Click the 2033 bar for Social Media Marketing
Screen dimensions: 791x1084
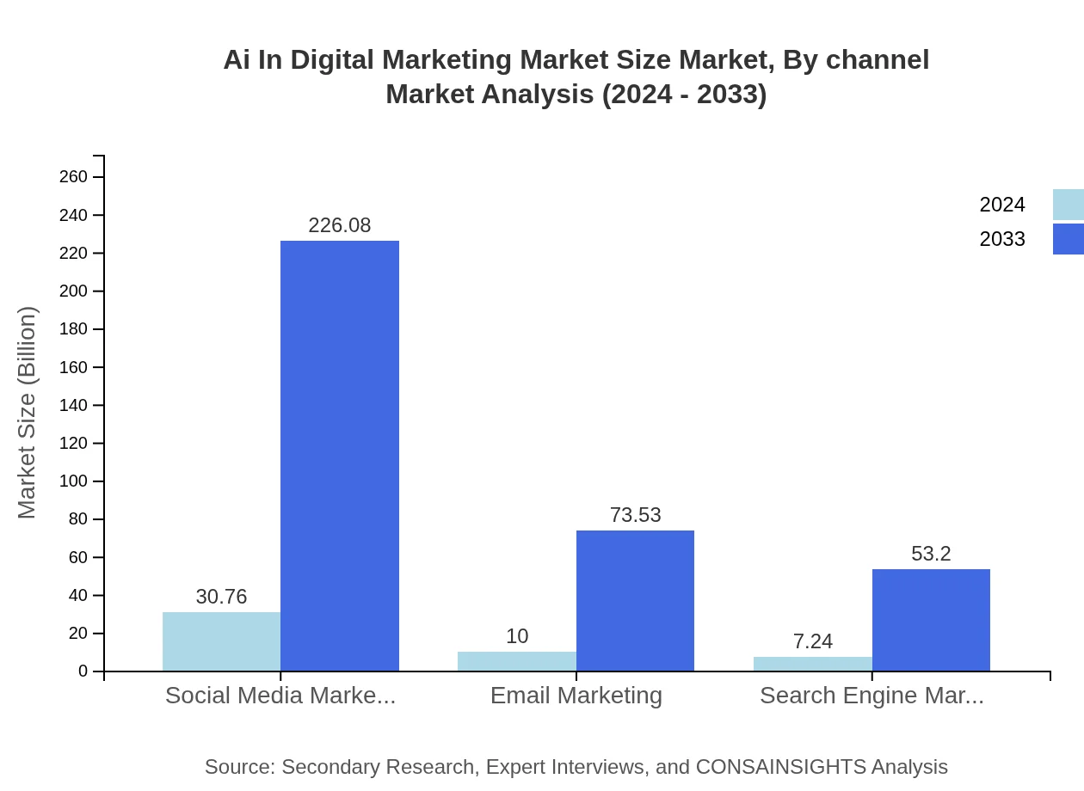[340, 456]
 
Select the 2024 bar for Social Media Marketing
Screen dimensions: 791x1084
[221, 641]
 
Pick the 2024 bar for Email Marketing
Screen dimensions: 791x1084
[516, 661]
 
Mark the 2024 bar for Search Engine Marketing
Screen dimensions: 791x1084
[812, 664]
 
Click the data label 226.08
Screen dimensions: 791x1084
[340, 225]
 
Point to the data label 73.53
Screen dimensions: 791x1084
[635, 515]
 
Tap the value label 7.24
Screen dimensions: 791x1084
[812, 641]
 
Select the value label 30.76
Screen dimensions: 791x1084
[221, 597]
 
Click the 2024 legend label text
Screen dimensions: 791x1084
[1002, 205]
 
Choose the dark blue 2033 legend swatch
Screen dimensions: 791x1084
[1069, 239]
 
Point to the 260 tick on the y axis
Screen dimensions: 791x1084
[73, 177]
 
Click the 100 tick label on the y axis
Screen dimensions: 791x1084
[73, 481]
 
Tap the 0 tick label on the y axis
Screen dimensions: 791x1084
[83, 671]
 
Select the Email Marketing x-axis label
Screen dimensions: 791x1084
[576, 696]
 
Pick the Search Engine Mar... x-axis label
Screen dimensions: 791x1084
[872, 696]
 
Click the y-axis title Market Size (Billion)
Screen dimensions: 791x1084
[28, 413]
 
